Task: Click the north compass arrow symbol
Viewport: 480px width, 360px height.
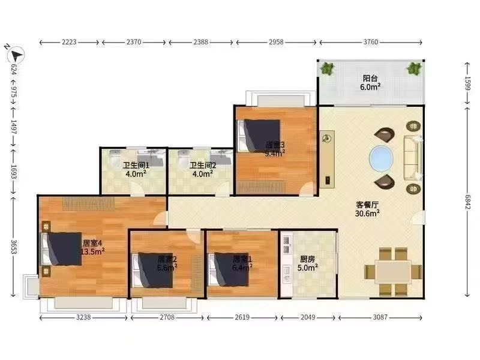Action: click(x=16, y=55)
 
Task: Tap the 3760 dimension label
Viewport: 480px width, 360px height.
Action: click(x=371, y=42)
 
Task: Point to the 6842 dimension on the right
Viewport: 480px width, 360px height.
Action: click(x=467, y=202)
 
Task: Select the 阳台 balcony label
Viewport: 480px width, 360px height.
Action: click(x=370, y=79)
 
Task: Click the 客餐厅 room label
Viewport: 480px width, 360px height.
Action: click(x=367, y=205)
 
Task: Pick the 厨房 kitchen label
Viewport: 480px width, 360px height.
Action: click(x=307, y=259)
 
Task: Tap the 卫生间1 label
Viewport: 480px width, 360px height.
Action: click(x=136, y=166)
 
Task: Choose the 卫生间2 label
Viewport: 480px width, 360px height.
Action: click(x=202, y=166)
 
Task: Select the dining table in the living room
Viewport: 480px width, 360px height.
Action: click(x=394, y=272)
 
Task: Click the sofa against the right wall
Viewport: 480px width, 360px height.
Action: click(x=413, y=158)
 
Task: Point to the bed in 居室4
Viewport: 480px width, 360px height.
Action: click(x=62, y=249)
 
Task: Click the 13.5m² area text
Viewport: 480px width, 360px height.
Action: click(x=93, y=251)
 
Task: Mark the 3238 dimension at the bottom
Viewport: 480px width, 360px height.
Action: click(x=83, y=317)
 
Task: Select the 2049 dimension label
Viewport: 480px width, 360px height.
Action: click(x=308, y=317)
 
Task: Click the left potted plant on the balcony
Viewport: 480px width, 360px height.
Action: click(x=328, y=68)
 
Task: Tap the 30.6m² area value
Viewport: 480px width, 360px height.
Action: click(x=367, y=214)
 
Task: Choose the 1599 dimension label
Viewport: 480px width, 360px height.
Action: click(x=467, y=83)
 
